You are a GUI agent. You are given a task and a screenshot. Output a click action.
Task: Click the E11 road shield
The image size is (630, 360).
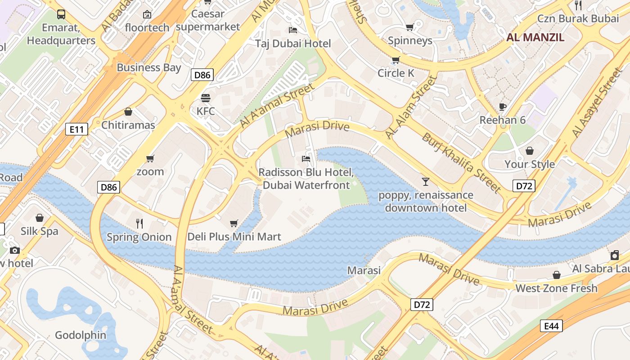[76, 130]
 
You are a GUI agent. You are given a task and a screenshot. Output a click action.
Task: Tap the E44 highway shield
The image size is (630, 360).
[551, 326]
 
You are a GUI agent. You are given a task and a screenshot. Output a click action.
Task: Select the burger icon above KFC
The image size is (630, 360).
[206, 98]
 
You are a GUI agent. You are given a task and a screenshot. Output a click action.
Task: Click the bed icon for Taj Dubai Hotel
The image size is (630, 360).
[293, 30]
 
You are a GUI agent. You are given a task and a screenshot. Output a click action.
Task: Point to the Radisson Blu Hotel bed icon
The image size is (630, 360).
[306, 159]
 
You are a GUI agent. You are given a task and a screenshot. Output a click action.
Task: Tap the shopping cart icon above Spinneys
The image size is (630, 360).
[409, 27]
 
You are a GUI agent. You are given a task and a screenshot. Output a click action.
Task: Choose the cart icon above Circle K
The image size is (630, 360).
[396, 60]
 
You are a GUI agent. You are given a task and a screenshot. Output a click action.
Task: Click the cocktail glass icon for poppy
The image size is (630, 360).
[425, 182]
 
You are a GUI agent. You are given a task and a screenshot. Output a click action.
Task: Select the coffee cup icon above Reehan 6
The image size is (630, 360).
[503, 107]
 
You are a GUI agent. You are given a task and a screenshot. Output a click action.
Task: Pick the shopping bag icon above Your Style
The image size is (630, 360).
[530, 151]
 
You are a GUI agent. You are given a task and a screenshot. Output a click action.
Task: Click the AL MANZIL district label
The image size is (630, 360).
[535, 37]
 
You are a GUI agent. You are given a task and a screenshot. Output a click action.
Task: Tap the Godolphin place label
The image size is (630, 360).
[81, 335]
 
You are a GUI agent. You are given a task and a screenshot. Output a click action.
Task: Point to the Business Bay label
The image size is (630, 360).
[148, 67]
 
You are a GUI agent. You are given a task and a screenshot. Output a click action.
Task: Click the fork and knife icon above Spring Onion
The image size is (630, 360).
[139, 223]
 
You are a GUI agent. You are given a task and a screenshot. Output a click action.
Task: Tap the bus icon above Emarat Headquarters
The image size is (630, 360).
[61, 14]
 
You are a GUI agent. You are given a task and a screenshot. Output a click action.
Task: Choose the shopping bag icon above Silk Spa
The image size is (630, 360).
[40, 218]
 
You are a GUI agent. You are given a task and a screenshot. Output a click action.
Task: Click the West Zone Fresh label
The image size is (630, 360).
[556, 288]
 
